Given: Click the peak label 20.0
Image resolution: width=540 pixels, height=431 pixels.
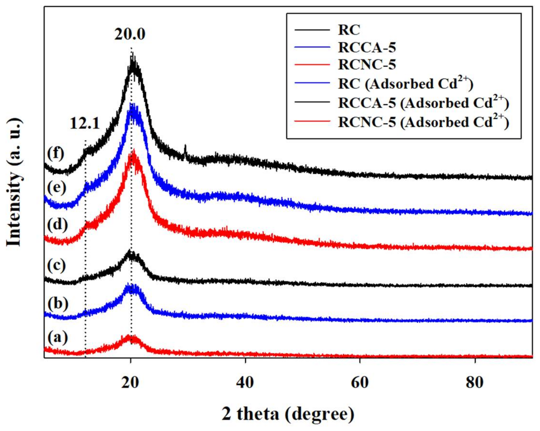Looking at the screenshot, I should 130,34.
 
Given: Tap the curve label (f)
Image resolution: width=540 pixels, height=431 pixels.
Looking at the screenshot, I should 56,153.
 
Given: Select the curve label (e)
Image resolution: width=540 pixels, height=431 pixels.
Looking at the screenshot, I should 57,187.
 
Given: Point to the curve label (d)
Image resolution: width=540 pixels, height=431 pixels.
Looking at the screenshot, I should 57,224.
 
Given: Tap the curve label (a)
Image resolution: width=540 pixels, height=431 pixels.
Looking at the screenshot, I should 57,337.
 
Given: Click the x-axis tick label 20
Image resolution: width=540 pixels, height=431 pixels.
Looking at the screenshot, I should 130,383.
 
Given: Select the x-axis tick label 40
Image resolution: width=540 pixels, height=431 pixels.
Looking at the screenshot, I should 245,383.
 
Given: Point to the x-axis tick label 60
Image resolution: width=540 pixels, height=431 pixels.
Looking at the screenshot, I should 360,383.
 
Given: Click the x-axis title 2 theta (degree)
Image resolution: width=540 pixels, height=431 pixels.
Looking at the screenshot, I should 288,414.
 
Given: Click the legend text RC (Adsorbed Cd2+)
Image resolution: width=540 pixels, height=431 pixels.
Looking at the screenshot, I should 405,84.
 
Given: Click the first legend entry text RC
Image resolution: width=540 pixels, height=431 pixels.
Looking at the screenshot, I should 349,30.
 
